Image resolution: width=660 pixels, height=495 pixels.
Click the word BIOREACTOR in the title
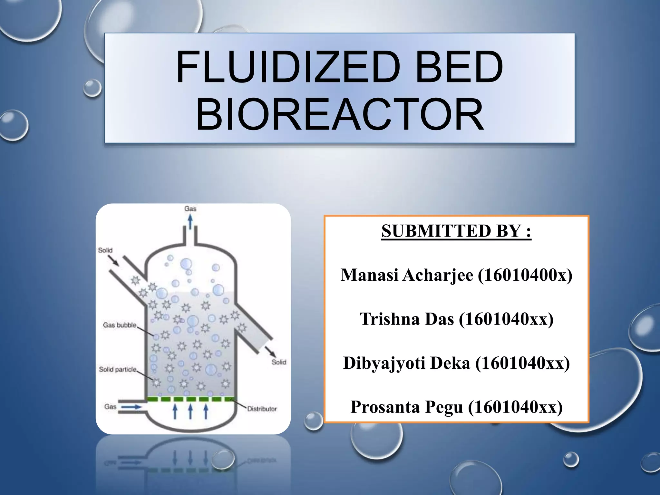[x=340, y=115]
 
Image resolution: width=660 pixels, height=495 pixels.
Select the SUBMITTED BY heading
[x=456, y=231]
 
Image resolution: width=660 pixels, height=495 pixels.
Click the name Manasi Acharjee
[x=407, y=275]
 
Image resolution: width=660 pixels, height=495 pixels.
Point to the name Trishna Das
[x=407, y=319]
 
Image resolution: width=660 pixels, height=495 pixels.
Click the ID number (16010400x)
[x=525, y=275]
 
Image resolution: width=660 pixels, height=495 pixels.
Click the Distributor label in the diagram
[x=262, y=409]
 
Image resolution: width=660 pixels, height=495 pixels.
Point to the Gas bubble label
[x=120, y=325]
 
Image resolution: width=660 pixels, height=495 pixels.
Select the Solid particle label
[x=118, y=369]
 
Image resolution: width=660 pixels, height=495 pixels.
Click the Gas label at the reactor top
[x=190, y=209]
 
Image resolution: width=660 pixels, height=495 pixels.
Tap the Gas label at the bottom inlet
[x=110, y=407]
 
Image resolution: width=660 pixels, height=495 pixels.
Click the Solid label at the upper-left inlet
[x=105, y=250]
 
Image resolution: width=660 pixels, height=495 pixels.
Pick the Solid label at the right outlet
[x=279, y=362]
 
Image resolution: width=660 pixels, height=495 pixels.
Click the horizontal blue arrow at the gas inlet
[x=131, y=407]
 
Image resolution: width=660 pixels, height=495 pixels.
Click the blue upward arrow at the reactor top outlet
[x=190, y=221]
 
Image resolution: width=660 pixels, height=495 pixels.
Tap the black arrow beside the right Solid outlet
[x=270, y=352]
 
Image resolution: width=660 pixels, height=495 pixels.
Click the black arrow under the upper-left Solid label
[x=113, y=261]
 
